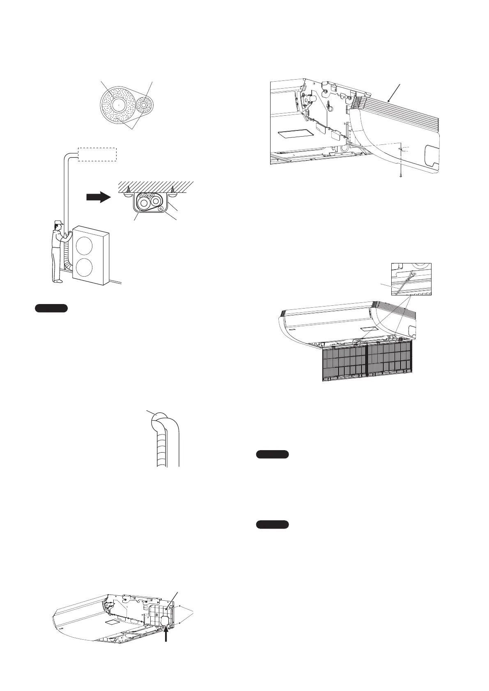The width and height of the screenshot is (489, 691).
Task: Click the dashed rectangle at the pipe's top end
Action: pos(97,154)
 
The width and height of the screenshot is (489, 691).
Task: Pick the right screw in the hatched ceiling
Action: pos(173,189)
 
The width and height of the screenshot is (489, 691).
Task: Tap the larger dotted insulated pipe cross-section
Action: pos(117,105)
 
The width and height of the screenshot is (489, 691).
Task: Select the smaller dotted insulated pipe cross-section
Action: pos(144,105)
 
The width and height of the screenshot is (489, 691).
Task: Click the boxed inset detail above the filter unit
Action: pos(410,279)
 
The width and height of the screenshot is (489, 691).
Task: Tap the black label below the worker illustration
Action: pos(51,309)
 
